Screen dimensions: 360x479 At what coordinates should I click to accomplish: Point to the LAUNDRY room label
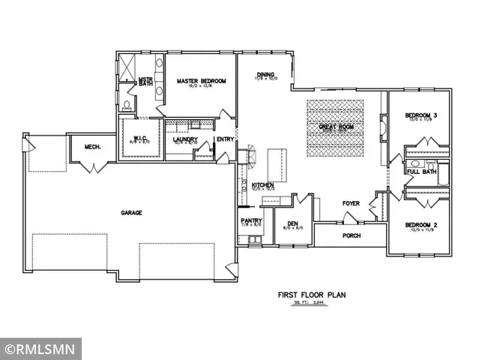point(184,139)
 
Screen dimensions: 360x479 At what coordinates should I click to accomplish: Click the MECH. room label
point(93,147)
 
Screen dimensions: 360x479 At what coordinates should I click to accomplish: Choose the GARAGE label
point(132,212)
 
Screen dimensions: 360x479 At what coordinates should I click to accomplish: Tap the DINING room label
point(265,75)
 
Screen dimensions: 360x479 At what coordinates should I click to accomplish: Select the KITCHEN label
point(263,185)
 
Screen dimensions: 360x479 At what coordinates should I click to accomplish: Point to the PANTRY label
point(250,220)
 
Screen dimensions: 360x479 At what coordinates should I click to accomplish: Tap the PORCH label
point(352,235)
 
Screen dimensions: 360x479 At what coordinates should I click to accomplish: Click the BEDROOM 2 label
point(420,225)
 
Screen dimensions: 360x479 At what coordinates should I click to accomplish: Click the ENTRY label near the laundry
point(225,139)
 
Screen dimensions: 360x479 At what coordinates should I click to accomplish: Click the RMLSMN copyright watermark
point(40,349)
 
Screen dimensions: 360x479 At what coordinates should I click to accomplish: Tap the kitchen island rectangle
point(277,160)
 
